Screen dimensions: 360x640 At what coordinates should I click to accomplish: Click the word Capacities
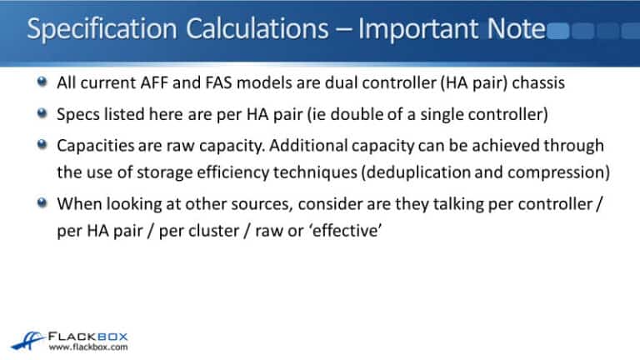[93, 145]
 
